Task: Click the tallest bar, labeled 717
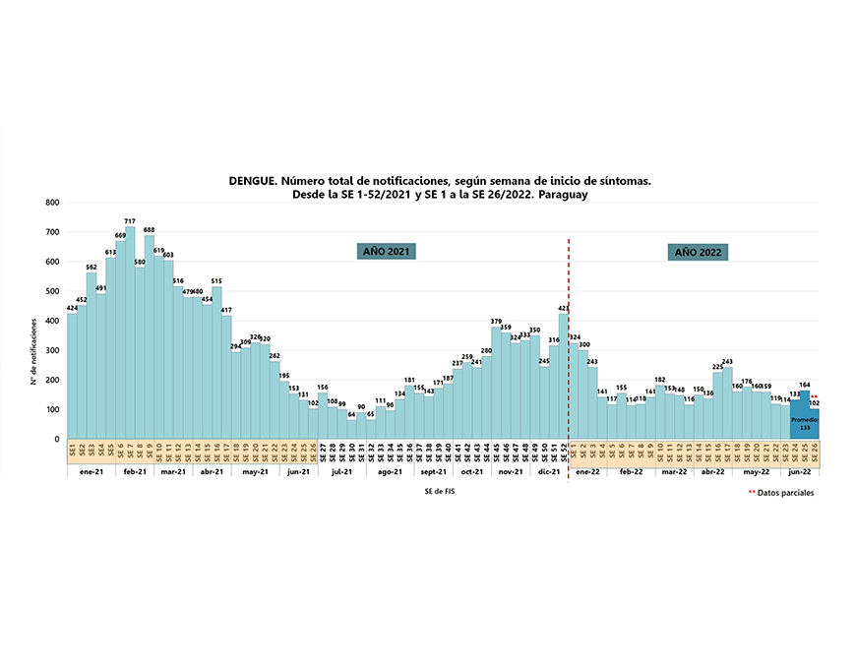coord(130,334)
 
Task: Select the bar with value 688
coord(150,339)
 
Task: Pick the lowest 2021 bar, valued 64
coord(351,430)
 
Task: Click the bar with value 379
coord(496,384)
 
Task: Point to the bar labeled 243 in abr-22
coord(727,403)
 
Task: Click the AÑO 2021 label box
coord(386,252)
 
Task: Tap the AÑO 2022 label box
coord(698,252)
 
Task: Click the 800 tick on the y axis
coord(53,203)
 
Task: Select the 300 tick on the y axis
coord(53,350)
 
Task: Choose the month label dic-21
coord(549,472)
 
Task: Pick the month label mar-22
coord(674,472)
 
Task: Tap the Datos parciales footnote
coord(785,493)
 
